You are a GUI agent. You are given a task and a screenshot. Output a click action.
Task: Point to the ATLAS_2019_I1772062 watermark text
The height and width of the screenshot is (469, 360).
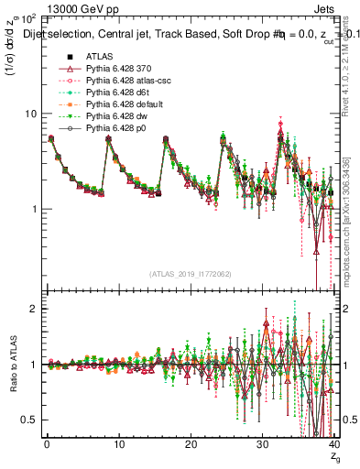point(190,273)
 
